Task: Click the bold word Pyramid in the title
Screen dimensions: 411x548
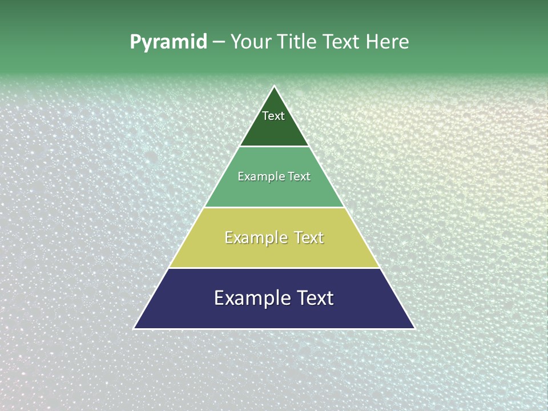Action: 168,42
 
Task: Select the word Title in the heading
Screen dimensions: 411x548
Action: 298,42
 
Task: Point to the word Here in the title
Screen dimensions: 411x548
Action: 388,42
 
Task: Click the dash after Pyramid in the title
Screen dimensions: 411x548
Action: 219,42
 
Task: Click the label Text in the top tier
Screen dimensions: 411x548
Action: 273,116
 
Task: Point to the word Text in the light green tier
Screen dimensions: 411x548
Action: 299,176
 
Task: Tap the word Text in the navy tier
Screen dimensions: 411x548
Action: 315,298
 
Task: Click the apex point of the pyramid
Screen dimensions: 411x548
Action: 274,87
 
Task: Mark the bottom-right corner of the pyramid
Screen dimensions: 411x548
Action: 414,328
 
